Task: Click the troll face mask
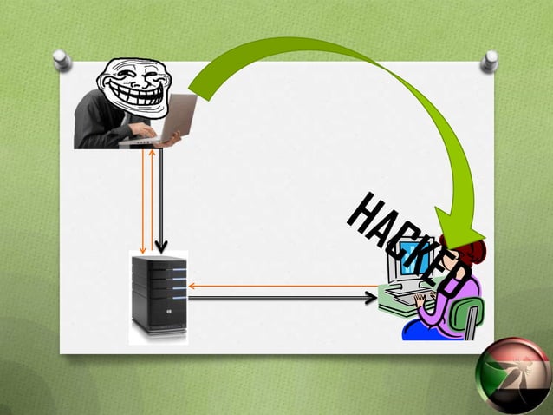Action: pos(133,88)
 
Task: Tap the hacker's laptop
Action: pos(166,122)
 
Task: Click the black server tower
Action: pos(159,294)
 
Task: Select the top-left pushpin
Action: pos(62,60)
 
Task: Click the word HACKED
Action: pos(409,245)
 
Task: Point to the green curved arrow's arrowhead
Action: pos(459,227)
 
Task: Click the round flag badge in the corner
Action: pos(513,377)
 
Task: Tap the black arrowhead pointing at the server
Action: pos(161,247)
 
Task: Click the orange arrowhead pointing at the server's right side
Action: pos(192,287)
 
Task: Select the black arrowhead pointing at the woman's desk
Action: pos(371,298)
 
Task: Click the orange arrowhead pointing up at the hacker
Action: pos(152,153)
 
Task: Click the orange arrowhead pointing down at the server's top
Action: pos(142,250)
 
